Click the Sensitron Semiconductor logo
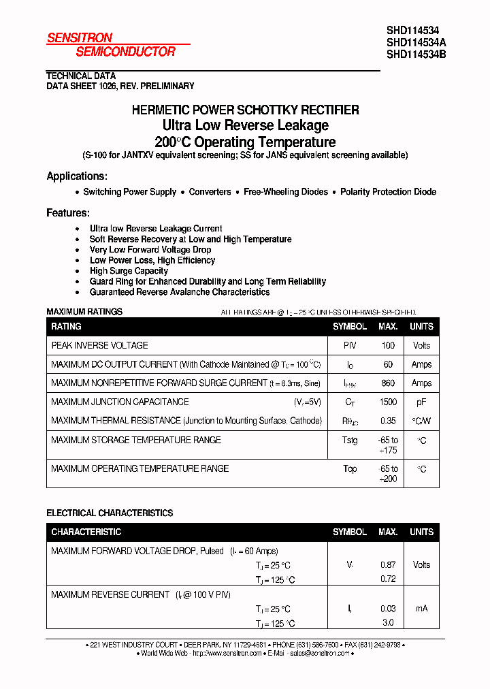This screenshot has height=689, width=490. (111, 45)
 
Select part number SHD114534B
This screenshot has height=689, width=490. (416, 54)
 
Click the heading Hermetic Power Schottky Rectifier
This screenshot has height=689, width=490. (245, 110)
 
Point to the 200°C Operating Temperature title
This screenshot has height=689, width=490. (245, 142)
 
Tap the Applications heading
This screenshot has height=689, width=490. (77, 176)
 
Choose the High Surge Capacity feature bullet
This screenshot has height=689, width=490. (129, 271)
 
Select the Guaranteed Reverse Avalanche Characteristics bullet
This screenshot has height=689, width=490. (180, 292)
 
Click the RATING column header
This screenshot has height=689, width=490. (67, 327)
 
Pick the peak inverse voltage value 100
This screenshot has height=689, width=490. (388, 346)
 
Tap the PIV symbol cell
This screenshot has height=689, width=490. (350, 346)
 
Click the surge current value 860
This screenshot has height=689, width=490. (388, 383)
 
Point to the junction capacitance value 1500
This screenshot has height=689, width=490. (388, 402)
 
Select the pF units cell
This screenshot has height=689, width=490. (421, 402)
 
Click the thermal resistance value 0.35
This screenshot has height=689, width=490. (388, 421)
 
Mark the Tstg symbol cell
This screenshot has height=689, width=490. (350, 440)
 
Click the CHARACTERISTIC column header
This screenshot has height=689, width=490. (86, 532)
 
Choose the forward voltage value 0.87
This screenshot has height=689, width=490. (388, 565)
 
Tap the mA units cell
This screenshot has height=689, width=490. (421, 609)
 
